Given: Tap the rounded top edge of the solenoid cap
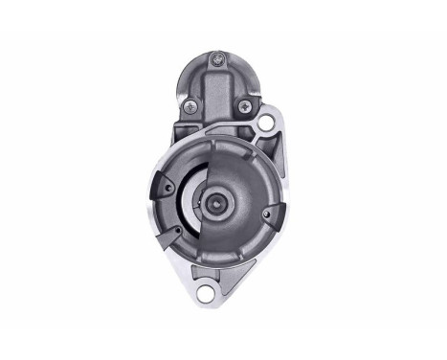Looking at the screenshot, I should (221, 43).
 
